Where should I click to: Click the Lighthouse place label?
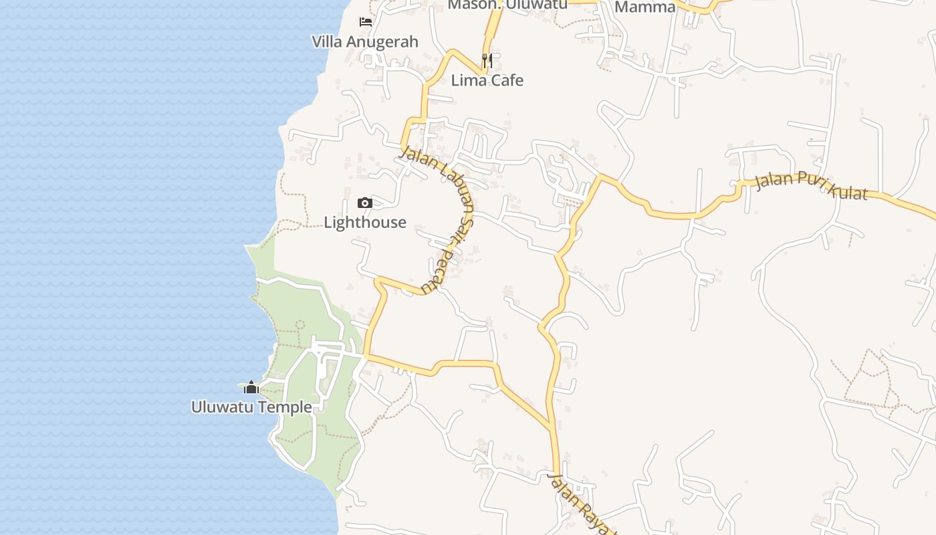point(365,222)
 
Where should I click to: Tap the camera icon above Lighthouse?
point(364,203)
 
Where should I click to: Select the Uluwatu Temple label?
point(251,407)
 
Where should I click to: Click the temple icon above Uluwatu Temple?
point(251,387)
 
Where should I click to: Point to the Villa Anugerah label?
point(365,41)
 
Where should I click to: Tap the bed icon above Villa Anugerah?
point(365,22)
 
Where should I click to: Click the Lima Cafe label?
point(487,80)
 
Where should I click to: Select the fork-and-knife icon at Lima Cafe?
point(487,61)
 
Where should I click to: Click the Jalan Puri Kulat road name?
point(811,186)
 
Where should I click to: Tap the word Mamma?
point(645,7)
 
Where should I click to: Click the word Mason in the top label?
point(471,4)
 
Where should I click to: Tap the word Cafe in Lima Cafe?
point(505,80)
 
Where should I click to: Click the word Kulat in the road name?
point(846,191)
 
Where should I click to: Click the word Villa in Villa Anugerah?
point(327,41)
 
